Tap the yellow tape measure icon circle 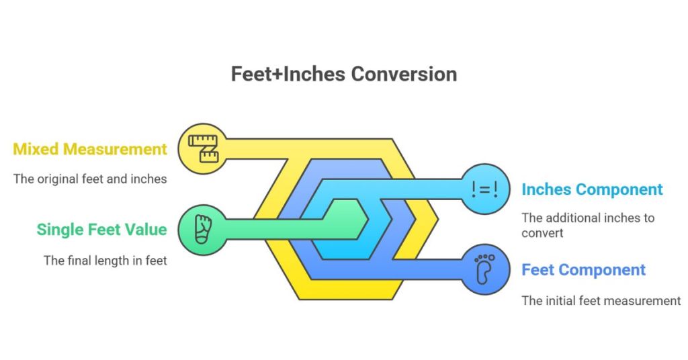202,148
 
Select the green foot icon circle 202,228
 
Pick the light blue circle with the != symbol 484,189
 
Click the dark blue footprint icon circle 484,269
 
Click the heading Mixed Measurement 90,149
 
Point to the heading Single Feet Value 101,229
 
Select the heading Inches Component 592,189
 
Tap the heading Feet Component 583,270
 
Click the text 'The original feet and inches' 90,179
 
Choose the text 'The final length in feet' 105,260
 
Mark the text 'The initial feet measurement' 601,300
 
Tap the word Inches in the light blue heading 546,189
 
